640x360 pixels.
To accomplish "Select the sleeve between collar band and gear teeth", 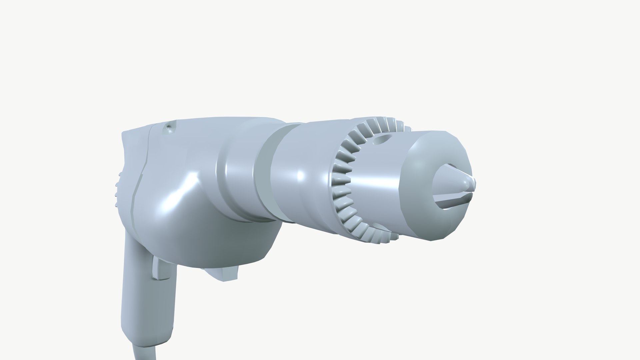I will coord(300,177).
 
